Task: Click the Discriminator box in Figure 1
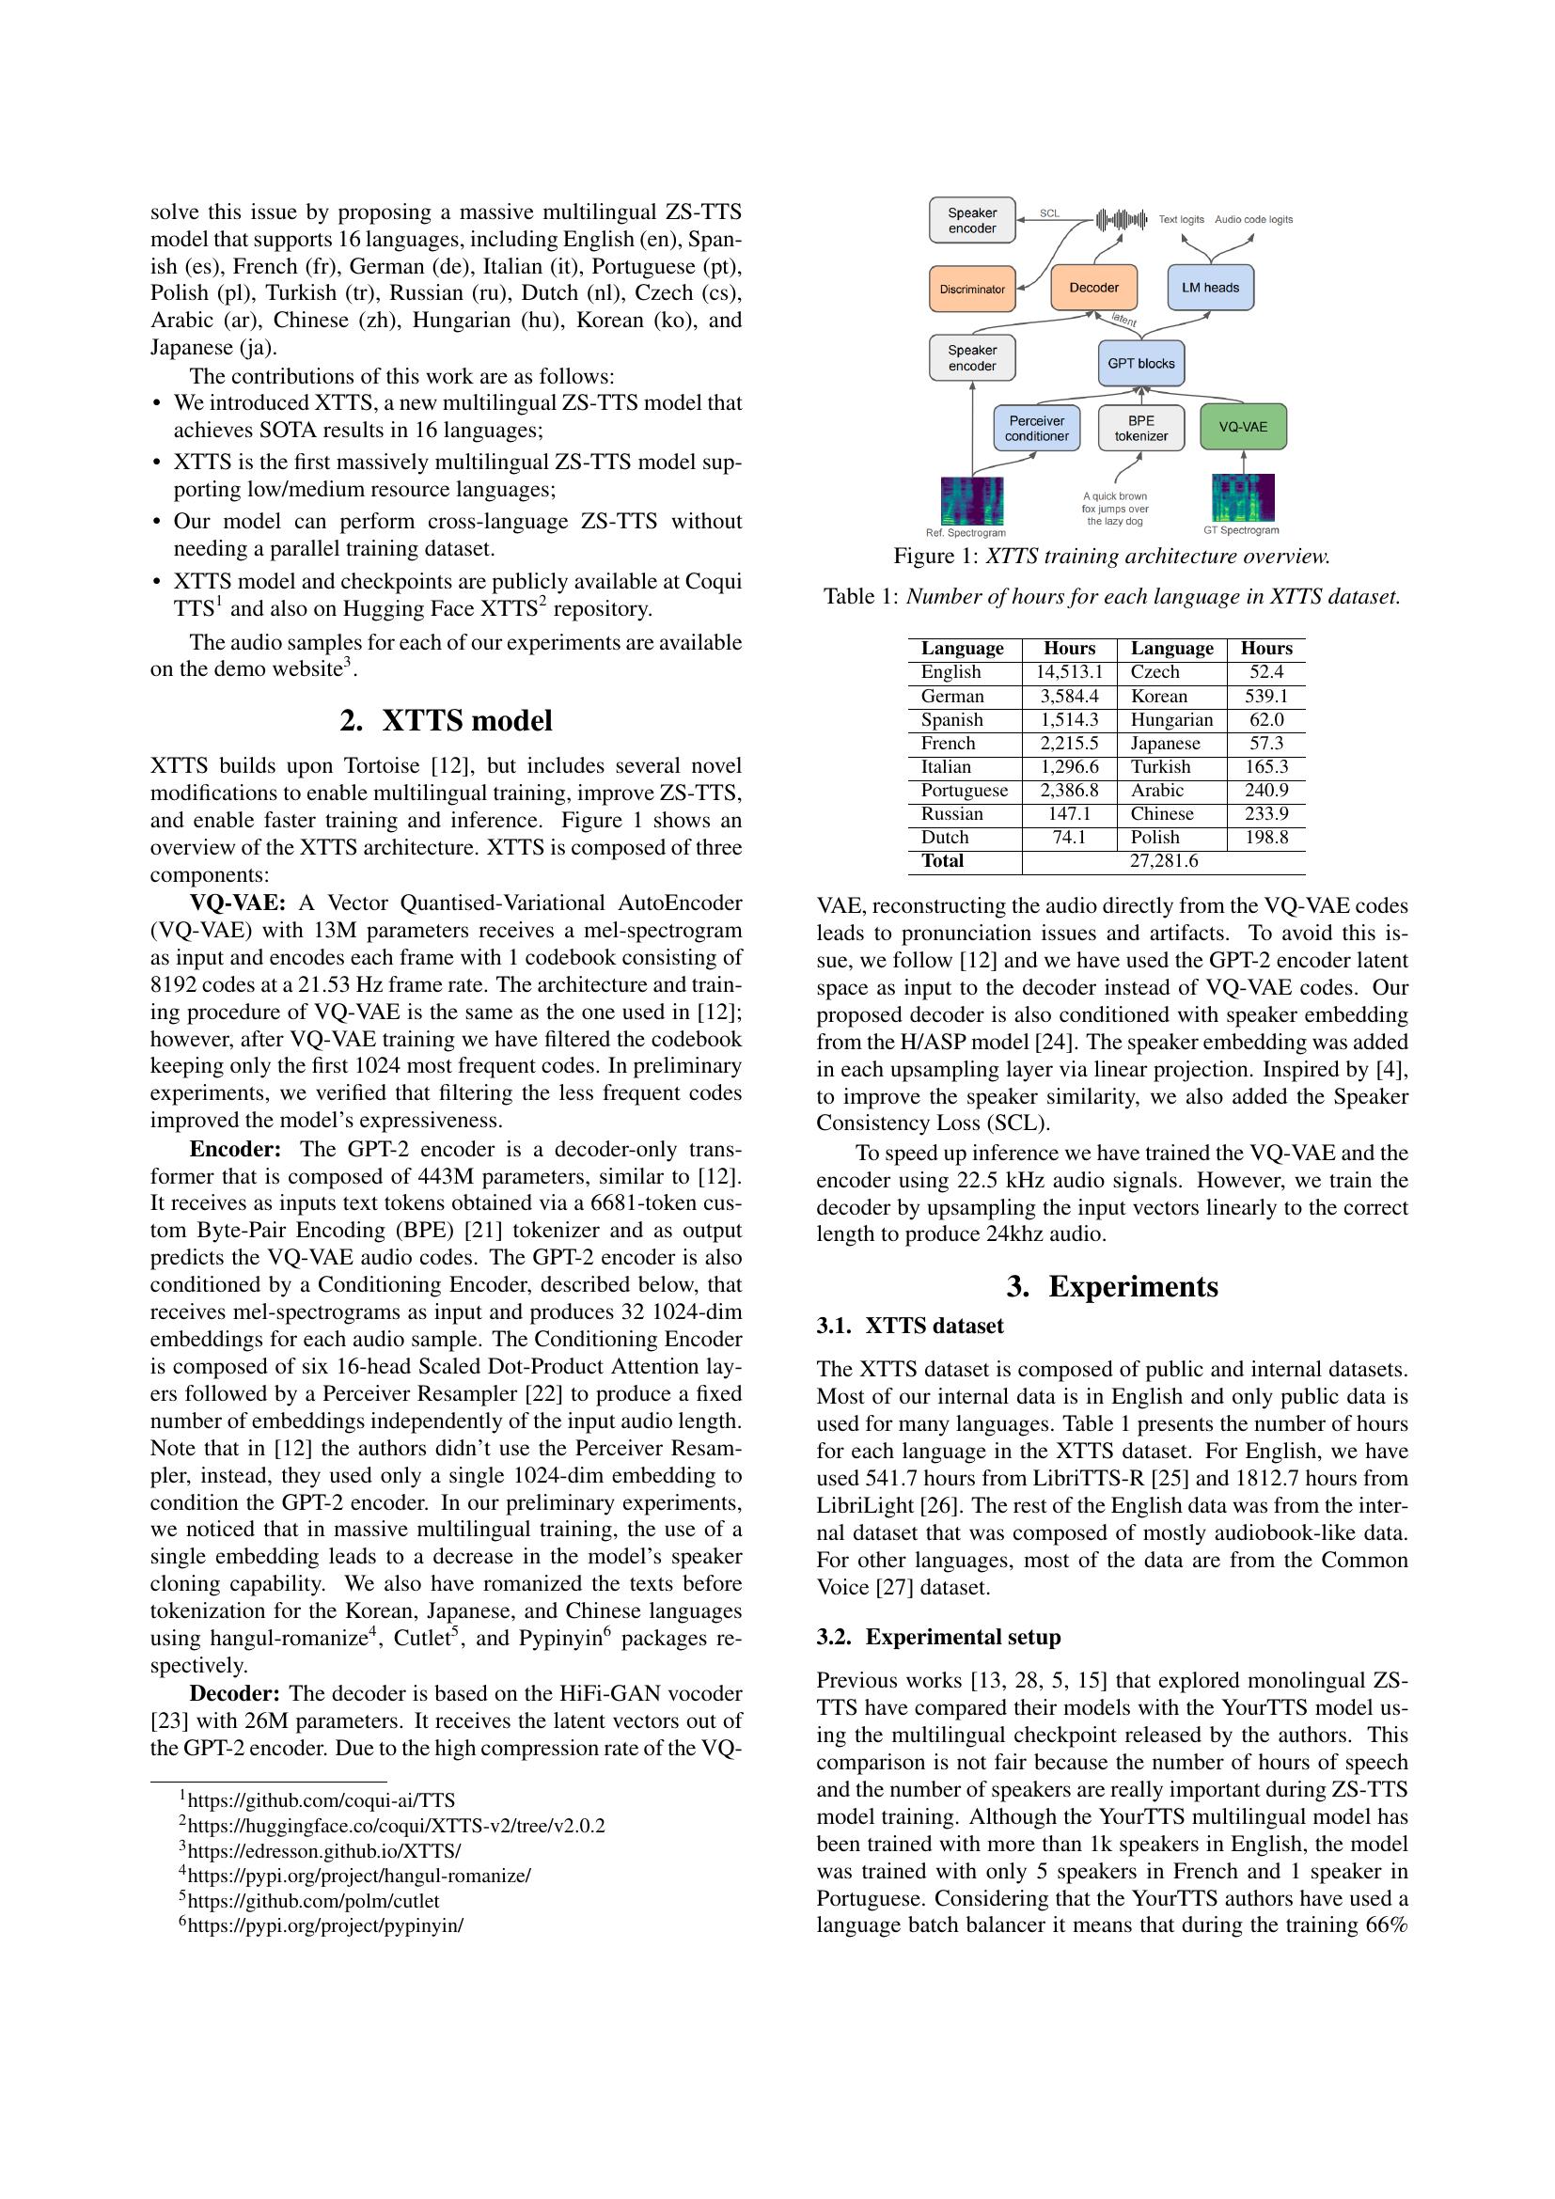972,289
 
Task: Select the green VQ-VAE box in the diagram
1243,427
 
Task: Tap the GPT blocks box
1140,363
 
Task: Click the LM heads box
1210,288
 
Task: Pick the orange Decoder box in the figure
1093,288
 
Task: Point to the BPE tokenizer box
1140,428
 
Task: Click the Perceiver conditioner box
1036,428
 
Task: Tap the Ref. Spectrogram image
972,501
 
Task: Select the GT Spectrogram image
1243,498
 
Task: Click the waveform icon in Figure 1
1122,219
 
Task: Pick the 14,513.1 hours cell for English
1069,672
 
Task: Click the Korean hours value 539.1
1265,697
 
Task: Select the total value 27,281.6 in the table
1163,861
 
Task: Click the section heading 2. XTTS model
446,720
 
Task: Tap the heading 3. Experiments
1111,1286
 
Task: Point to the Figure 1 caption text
1110,557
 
